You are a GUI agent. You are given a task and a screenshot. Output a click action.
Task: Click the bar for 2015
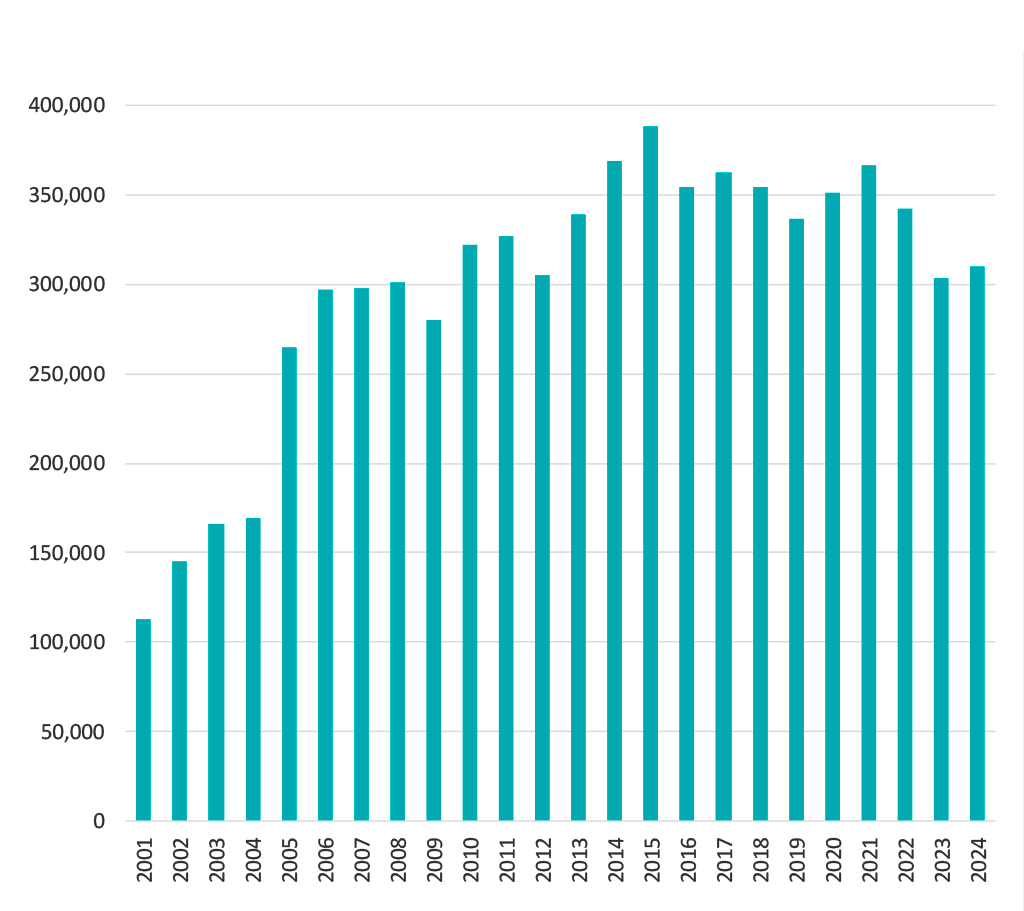[650, 474]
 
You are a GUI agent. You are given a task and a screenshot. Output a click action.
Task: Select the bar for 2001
[143, 720]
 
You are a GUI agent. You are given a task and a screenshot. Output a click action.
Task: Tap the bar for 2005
[289, 584]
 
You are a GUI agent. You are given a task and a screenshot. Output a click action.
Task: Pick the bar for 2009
[434, 570]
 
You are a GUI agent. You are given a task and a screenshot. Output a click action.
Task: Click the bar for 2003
[216, 672]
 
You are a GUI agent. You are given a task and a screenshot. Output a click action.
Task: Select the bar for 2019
[796, 520]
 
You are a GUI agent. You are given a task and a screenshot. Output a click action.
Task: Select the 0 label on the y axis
[99, 821]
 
